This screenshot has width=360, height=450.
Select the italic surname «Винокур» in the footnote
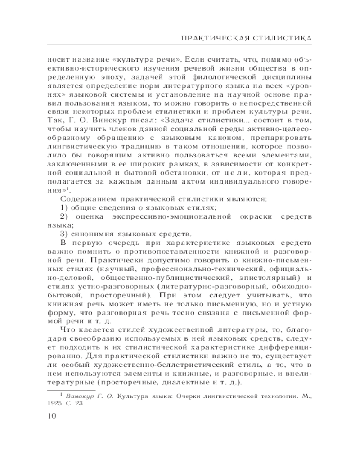[x=81, y=396]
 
